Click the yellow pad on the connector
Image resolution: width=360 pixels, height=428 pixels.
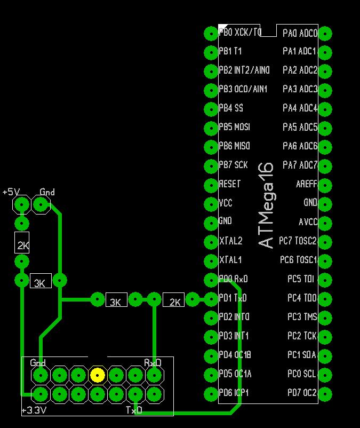pyautogui.click(x=97, y=375)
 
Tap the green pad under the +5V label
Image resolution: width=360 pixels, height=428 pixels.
pyautogui.click(x=22, y=204)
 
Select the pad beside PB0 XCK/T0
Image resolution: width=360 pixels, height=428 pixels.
pyautogui.click(x=211, y=33)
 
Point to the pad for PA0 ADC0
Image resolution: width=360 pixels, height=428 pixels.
pyautogui.click(x=325, y=33)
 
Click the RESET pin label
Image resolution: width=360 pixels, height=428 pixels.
pyautogui.click(x=230, y=184)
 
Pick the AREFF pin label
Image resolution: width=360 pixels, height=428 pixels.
pyautogui.click(x=306, y=184)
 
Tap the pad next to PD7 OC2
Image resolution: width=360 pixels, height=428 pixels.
pyautogui.click(x=325, y=394)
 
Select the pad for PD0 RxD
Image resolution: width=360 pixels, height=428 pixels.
pyautogui.click(x=211, y=280)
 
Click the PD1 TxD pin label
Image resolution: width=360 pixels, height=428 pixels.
pyautogui.click(x=233, y=298)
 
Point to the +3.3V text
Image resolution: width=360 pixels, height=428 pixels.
pyautogui.click(x=34, y=410)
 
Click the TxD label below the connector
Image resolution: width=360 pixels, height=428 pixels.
pyautogui.click(x=134, y=410)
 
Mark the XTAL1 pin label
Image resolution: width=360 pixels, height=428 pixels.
pyautogui.click(x=230, y=260)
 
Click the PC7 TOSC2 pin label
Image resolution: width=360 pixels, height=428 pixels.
pyautogui.click(x=298, y=241)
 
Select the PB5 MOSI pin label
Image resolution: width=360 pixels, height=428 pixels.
pyautogui.click(x=234, y=128)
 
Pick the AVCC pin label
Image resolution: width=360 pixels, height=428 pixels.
pyautogui.click(x=308, y=222)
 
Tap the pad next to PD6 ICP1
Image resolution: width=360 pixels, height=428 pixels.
pyautogui.click(x=211, y=394)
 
